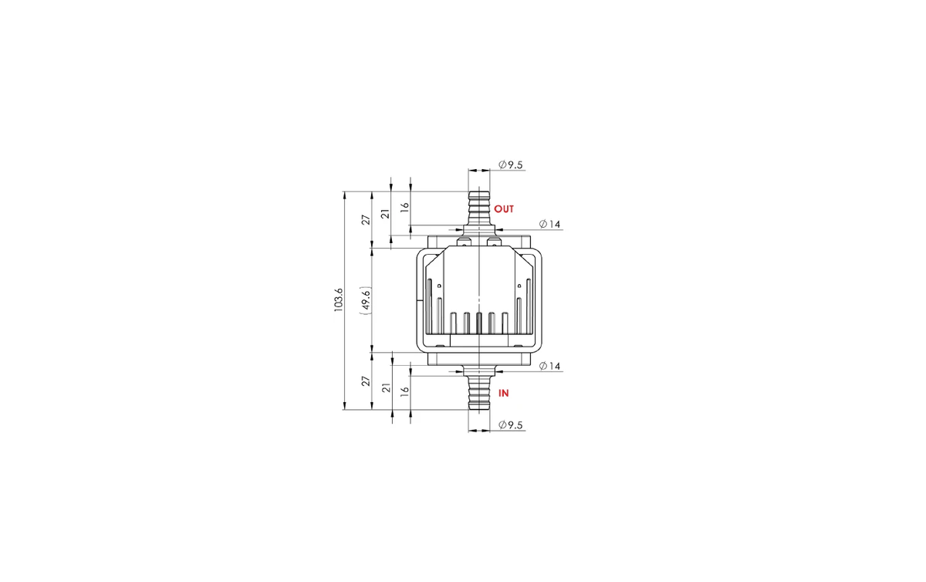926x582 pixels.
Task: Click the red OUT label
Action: click(503, 209)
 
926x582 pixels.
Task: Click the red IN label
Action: click(503, 393)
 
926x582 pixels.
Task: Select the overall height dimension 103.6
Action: click(339, 300)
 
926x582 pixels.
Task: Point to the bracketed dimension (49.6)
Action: click(366, 300)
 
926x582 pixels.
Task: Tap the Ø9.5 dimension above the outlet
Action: click(511, 164)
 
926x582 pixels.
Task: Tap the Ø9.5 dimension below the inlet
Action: click(511, 425)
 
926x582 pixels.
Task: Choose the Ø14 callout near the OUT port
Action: click(549, 224)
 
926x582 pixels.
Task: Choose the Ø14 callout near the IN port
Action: click(549, 366)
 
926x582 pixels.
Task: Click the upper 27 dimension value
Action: click(367, 220)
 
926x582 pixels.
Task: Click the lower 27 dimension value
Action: click(367, 381)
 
